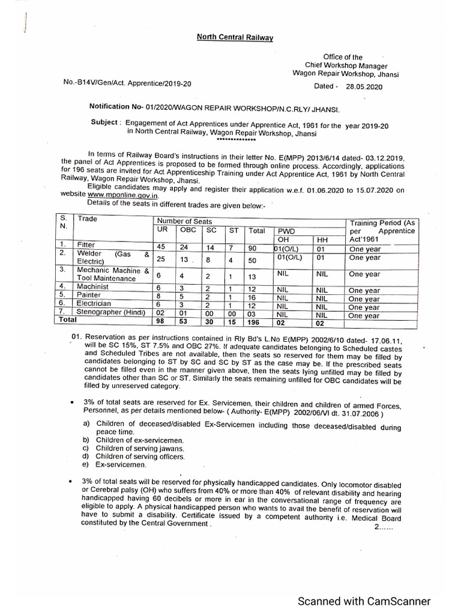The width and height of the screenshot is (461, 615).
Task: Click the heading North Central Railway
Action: (x=235, y=37)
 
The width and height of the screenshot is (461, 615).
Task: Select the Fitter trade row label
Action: (x=91, y=245)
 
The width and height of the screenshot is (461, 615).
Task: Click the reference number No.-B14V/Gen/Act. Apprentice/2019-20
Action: (x=127, y=84)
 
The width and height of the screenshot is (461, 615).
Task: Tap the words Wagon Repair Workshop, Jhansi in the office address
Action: (x=345, y=74)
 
